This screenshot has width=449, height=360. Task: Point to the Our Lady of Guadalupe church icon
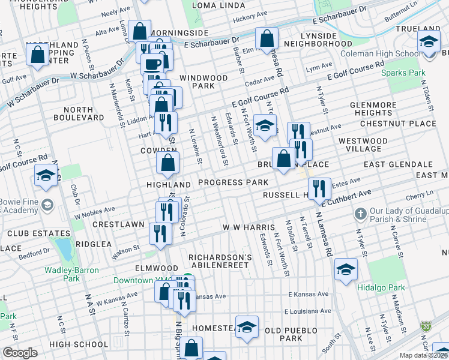(360, 214)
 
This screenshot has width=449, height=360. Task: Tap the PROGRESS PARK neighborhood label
(233, 182)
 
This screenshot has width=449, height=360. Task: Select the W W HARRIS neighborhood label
(249, 228)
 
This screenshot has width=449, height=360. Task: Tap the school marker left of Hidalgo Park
(346, 271)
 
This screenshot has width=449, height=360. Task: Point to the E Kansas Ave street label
(309, 295)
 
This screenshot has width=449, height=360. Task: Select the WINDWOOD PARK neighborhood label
(203, 82)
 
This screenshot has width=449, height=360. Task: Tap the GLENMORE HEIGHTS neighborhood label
(373, 109)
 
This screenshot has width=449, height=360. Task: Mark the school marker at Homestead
(246, 327)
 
